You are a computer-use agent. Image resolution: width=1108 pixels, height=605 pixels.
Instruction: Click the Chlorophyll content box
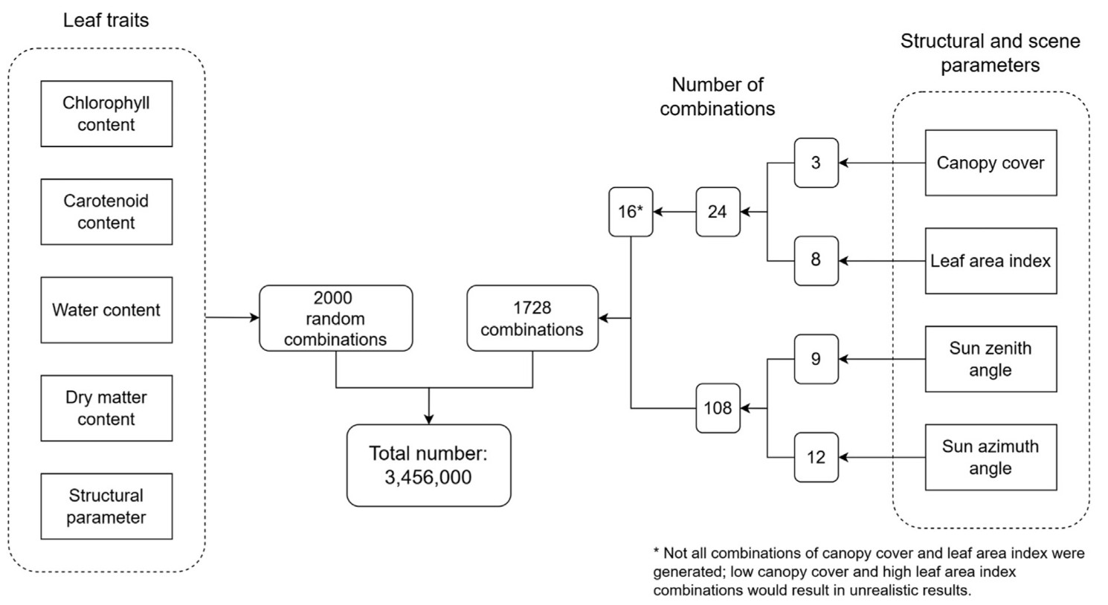106,114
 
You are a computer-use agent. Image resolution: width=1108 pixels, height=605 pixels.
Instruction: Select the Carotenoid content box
106,212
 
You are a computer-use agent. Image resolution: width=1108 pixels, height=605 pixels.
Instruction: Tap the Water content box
106,310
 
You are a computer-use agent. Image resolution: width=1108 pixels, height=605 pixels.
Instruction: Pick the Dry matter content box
106,408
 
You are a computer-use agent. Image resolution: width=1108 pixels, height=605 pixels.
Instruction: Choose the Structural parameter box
106,506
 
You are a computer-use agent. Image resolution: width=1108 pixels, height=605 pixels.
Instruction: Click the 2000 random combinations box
335,318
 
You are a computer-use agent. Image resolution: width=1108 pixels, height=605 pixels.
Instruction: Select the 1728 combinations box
532,318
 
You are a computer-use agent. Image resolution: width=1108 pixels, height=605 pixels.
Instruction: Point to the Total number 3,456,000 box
428,465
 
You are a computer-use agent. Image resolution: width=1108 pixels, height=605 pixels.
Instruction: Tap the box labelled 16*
631,212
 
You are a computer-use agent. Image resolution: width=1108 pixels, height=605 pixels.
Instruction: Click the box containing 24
718,212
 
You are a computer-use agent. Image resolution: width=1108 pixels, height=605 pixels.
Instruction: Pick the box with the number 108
718,408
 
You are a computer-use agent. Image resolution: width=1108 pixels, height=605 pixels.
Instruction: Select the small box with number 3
816,163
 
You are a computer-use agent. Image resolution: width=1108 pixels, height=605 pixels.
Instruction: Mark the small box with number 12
816,457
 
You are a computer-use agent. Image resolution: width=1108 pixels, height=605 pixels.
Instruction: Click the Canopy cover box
991,163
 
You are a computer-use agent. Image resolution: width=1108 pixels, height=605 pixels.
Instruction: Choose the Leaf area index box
991,261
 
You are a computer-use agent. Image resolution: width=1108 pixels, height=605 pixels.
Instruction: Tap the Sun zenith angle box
991,359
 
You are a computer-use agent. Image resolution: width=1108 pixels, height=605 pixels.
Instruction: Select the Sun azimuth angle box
991,457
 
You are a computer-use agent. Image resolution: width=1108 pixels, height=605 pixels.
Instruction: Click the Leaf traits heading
106,20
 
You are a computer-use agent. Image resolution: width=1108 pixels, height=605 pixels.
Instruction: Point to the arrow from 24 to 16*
674,212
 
